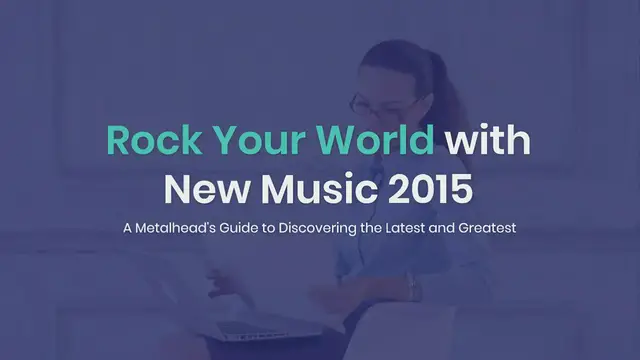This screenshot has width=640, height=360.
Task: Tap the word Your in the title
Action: tap(244, 141)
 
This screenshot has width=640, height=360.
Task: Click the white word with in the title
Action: tap(488, 141)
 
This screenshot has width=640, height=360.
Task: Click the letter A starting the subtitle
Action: tap(127, 229)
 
